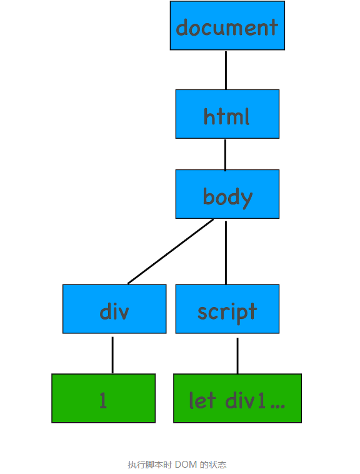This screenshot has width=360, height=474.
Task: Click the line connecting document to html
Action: (226, 69)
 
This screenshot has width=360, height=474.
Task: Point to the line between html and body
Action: (226, 154)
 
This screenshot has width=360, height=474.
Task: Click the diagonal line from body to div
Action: (170, 251)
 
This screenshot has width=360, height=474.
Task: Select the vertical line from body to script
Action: (226, 251)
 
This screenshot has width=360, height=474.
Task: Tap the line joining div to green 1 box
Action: (112, 355)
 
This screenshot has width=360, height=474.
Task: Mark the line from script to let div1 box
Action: (237, 355)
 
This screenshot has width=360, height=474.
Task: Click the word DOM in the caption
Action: (186, 465)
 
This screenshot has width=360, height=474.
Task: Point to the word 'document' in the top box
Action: (227, 28)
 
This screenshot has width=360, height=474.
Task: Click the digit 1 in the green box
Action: (103, 400)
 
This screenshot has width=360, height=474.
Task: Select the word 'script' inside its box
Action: (227, 311)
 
